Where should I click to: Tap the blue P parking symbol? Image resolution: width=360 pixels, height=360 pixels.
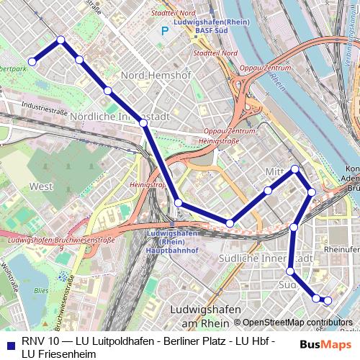[x=165, y=31]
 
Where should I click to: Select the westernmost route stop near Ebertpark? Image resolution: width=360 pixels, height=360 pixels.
[x=32, y=62]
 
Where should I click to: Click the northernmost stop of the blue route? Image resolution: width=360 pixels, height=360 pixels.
[x=61, y=40]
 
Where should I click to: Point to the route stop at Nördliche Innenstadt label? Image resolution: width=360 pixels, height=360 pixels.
[x=143, y=123]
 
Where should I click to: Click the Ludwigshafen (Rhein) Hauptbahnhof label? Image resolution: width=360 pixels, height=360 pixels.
[x=173, y=242]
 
